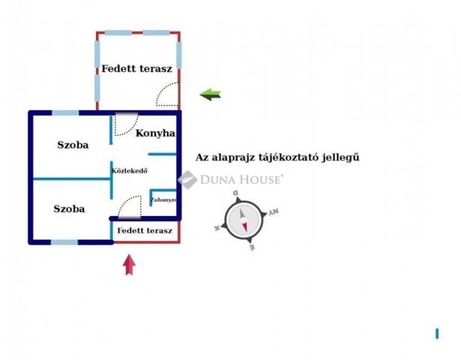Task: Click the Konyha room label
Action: tap(155, 133)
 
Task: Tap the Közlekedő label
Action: tap(129, 171)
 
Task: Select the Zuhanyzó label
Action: tap(163, 200)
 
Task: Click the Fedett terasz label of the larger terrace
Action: tap(137, 68)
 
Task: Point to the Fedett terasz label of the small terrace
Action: tap(145, 230)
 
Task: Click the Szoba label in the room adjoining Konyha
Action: tap(73, 145)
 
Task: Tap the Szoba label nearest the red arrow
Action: tap(69, 208)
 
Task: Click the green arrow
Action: tap(211, 94)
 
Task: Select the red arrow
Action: tap(129, 264)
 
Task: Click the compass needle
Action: tap(244, 220)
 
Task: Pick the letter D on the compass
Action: tap(235, 193)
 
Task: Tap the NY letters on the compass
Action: tap(273, 213)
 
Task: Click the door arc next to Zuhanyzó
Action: tap(130, 206)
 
